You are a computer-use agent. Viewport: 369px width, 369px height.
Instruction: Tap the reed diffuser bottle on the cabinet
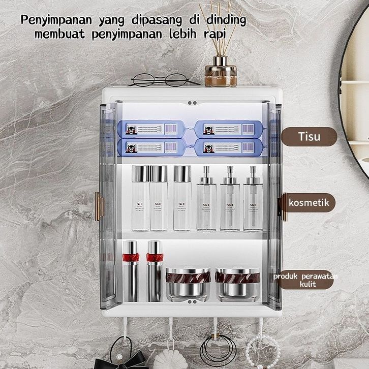220,73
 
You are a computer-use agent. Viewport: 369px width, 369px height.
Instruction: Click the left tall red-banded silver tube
131,270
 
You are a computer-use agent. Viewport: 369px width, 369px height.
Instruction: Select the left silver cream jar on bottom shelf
188,284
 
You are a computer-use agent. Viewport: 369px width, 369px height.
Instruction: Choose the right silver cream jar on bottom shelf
237,284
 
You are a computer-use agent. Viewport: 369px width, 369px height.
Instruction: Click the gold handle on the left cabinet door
99,206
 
